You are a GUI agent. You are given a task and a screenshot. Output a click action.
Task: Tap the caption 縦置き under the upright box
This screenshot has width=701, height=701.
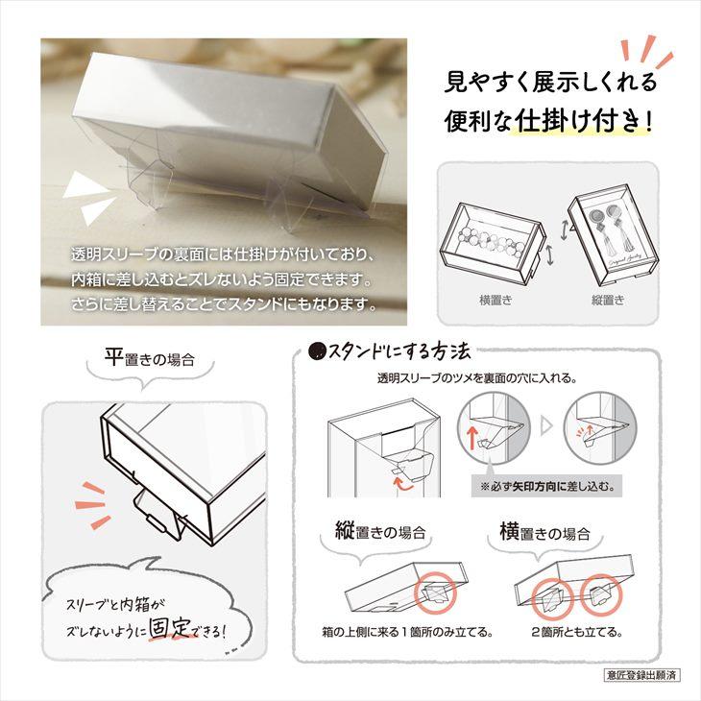click(x=608, y=301)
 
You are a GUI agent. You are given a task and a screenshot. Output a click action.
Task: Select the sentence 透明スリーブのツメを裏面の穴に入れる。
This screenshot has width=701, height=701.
click(x=477, y=377)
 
